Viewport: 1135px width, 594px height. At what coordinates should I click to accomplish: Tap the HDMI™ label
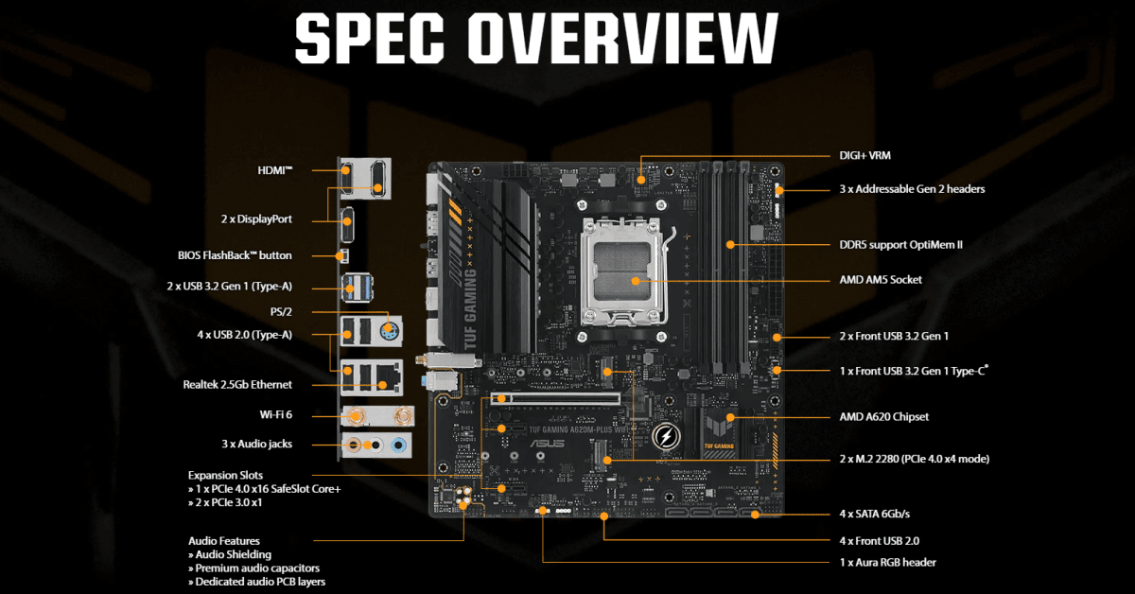[275, 170]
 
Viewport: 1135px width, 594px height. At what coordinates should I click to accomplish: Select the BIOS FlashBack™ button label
[235, 255]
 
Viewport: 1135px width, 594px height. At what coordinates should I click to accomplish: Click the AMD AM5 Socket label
[881, 280]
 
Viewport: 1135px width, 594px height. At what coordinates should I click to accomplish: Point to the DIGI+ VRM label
[865, 155]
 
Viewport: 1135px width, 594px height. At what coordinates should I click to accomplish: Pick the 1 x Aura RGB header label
[888, 562]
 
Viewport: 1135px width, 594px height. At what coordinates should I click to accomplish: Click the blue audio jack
[401, 444]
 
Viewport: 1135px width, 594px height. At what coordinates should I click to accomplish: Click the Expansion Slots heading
[226, 475]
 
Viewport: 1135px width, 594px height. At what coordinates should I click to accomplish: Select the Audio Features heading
[224, 541]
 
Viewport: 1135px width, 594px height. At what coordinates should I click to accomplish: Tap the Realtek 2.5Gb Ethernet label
[237, 385]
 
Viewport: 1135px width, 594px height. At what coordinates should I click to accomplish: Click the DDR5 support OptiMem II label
[901, 244]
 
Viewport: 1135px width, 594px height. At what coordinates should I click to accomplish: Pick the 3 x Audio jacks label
[256, 444]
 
